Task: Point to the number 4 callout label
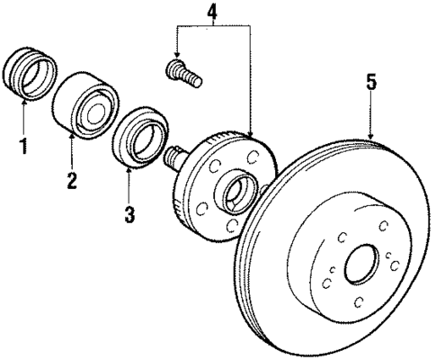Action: point(211,13)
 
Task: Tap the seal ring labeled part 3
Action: point(138,137)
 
